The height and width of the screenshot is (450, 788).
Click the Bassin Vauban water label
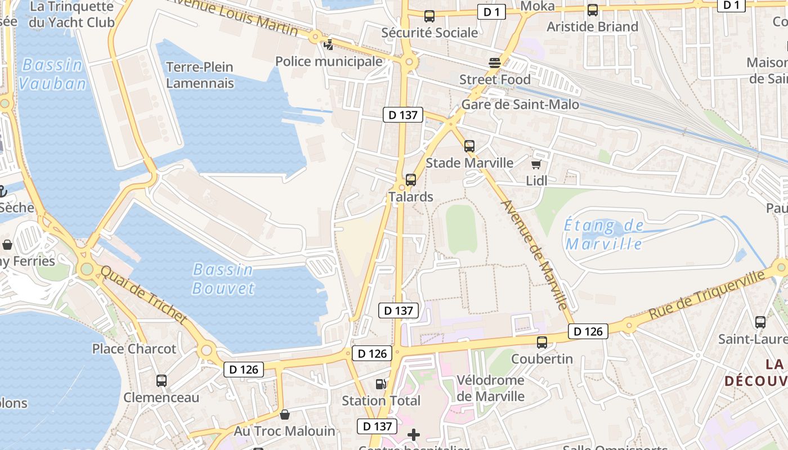52,74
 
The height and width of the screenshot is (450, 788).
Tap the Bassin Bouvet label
223,279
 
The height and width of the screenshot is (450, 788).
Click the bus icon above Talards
411,180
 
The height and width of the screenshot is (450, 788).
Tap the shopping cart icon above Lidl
536,164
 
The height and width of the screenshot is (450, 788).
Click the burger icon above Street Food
495,63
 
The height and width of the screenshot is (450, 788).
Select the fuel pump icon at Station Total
381,384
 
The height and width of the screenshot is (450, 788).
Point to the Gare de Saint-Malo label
520,105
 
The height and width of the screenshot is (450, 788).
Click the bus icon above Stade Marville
469,146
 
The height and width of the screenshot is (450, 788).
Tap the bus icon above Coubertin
542,342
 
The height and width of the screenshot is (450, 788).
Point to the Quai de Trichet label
143,294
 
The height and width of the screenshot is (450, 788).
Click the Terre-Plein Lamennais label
200,75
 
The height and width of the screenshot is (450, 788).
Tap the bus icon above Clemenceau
162,381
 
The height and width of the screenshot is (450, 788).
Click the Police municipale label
329,61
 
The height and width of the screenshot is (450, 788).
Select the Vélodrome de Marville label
490,388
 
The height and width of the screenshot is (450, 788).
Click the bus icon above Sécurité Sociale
429,16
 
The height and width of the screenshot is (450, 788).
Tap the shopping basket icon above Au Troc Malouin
285,415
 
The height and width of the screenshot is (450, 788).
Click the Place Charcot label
134,349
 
